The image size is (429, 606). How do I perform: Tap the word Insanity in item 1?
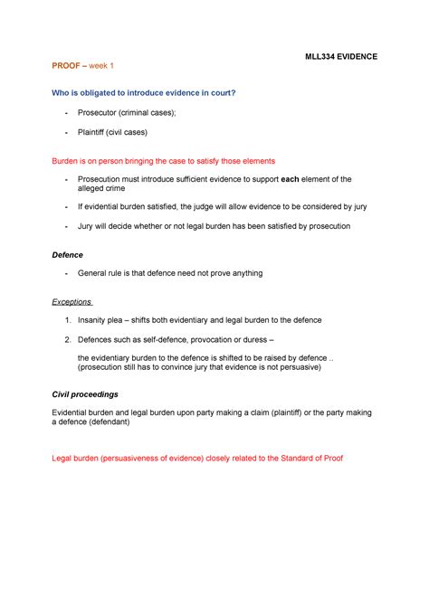95,320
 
